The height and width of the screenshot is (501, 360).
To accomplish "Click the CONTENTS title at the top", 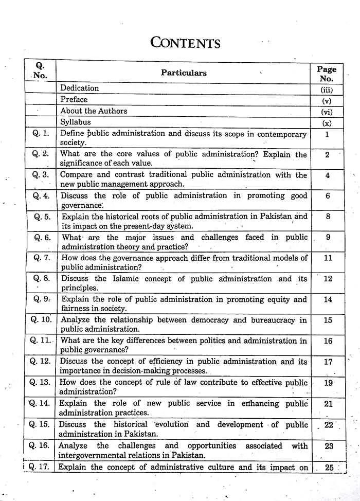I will point(185,42).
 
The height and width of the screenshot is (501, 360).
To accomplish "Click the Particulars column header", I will point(184,73).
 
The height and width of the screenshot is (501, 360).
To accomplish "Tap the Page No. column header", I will point(327,74).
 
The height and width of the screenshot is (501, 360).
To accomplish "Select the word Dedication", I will point(79,88).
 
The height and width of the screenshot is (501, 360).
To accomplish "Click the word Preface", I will point(74,99).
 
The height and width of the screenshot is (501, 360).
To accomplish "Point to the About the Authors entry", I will point(94,111).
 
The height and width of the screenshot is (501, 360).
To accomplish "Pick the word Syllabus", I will point(75,122).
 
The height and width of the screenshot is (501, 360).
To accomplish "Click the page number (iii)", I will point(327,89).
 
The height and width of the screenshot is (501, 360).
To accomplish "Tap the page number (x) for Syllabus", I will point(327,123).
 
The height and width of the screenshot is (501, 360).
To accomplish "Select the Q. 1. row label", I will point(41,133).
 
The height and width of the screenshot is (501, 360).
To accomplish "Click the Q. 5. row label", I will point(42,217).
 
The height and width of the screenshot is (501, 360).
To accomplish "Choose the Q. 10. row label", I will point(41,319).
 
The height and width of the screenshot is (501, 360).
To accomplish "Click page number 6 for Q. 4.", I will point(328,196).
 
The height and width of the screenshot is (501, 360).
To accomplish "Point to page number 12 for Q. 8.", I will point(328,279).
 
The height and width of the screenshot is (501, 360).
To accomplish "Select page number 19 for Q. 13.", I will point(328,383).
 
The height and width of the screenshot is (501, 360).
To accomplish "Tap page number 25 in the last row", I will point(329,468).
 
